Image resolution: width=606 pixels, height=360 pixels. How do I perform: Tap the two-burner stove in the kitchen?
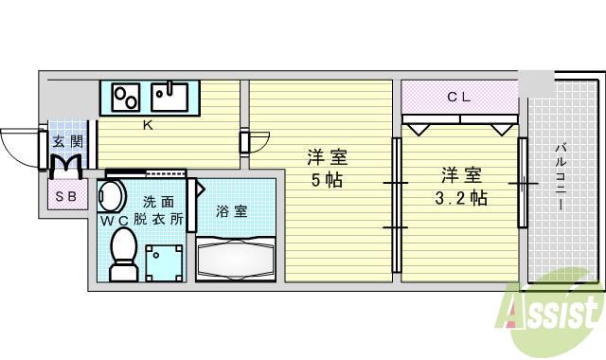[x=127, y=98]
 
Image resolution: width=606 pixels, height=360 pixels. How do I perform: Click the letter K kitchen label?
[x=147, y=124]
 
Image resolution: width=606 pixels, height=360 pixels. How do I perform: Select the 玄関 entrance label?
[x=67, y=142]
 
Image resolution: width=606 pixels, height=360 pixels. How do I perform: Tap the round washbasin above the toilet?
[x=112, y=197]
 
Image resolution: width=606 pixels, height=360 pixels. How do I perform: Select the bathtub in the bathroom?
[x=235, y=259]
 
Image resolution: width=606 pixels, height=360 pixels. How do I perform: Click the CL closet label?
[x=459, y=96]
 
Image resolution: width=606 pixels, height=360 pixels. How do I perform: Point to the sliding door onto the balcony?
[x=521, y=180]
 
